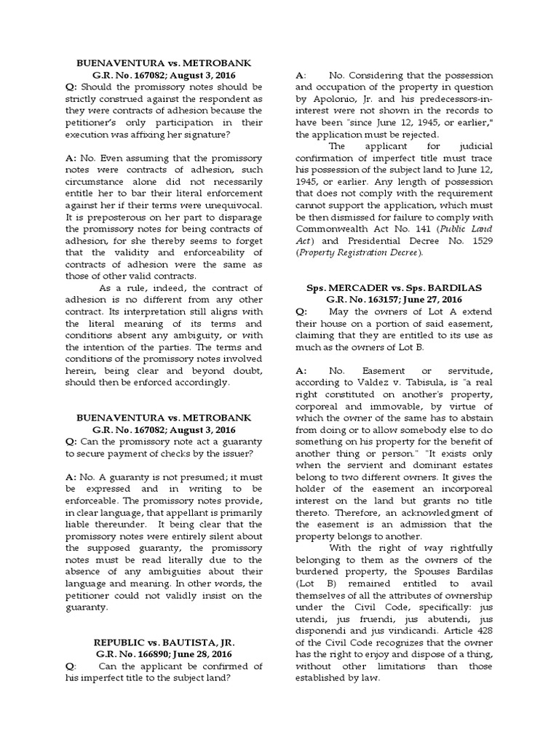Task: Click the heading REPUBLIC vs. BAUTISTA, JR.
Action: click(163, 645)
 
